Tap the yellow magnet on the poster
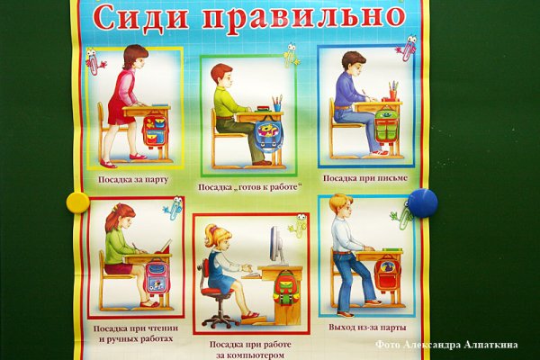[x=77, y=200]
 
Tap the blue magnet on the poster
[x=421, y=202]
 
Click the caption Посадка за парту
[x=137, y=180]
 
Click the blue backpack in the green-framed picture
[x=268, y=135]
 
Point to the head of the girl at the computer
[x=217, y=238]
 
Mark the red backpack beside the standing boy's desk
[x=387, y=273]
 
